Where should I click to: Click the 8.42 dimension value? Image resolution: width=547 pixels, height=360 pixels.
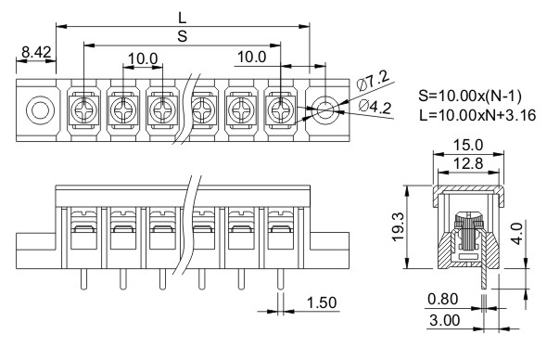pyautogui.click(x=36, y=52)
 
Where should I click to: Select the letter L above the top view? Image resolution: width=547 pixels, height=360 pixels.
pyautogui.click(x=183, y=18)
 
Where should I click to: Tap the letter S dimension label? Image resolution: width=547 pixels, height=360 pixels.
pyautogui.click(x=183, y=36)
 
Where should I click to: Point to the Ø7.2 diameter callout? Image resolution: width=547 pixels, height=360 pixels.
pyautogui.click(x=373, y=81)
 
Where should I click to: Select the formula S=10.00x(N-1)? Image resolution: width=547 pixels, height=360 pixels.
pyautogui.click(x=470, y=96)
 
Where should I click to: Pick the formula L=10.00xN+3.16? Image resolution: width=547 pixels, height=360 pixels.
pyautogui.click(x=477, y=114)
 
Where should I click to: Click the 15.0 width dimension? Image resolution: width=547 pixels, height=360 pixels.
pyautogui.click(x=468, y=145)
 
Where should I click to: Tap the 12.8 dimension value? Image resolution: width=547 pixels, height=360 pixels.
pyautogui.click(x=468, y=163)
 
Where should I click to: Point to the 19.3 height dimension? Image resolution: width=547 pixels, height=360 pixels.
pyautogui.click(x=398, y=226)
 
